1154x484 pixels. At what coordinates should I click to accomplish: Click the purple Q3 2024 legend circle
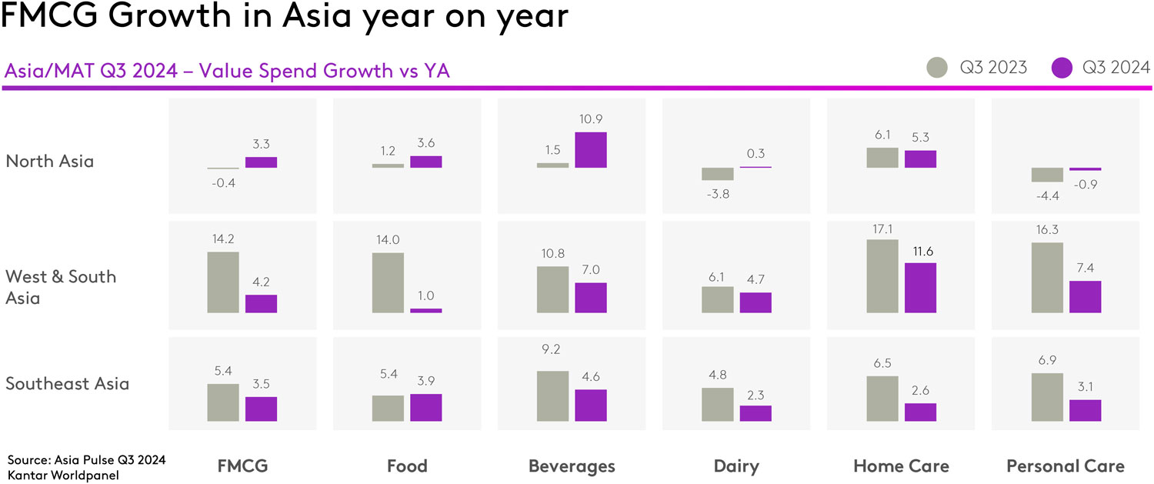pyautogui.click(x=1062, y=68)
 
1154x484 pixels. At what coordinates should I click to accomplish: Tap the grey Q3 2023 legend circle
pyautogui.click(x=939, y=68)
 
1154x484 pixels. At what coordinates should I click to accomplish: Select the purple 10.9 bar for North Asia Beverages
pyautogui.click(x=591, y=150)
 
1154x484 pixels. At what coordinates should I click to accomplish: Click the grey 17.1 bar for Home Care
pyautogui.click(x=882, y=276)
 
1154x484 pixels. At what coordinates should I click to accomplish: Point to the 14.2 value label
pyautogui.click(x=222, y=239)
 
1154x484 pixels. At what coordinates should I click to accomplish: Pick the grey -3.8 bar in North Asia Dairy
pyautogui.click(x=717, y=174)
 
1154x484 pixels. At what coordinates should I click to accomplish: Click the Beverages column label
pyautogui.click(x=572, y=466)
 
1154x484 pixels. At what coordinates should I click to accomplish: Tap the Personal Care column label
pyautogui.click(x=1065, y=466)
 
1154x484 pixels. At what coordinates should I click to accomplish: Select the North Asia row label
pyautogui.click(x=49, y=162)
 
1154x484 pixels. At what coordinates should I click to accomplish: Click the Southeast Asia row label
pyautogui.click(x=67, y=383)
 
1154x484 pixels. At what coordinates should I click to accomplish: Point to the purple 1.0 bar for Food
pyautogui.click(x=425, y=310)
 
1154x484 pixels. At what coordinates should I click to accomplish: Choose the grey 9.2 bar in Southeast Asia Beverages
pyautogui.click(x=552, y=396)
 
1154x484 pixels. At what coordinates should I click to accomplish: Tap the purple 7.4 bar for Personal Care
pyautogui.click(x=1085, y=297)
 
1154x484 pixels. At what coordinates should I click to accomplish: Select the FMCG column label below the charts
pyautogui.click(x=242, y=466)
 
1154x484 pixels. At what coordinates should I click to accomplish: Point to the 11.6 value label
pyautogui.click(x=920, y=250)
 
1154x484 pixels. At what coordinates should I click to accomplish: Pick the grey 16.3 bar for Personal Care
pyautogui.click(x=1046, y=278)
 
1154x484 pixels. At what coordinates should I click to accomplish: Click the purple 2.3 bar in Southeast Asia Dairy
pyautogui.click(x=755, y=413)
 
